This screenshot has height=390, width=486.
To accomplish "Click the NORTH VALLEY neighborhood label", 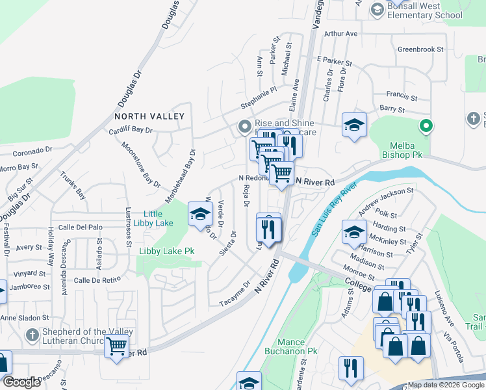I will pos(149,116).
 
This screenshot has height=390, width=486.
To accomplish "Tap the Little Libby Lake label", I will pos(153,218).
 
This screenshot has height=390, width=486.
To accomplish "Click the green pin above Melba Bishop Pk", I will pos(426,126).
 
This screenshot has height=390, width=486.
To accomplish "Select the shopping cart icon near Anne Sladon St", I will pos(116,348).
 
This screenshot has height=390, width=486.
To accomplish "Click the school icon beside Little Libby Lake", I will pos(200,214).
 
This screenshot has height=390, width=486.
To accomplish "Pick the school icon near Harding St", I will pos(354,233).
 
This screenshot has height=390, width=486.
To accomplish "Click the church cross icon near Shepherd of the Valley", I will pos(32,335).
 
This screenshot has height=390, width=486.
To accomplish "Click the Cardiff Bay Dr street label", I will pos(131,130).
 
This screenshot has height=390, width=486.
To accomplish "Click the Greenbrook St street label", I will pos(420,49).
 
